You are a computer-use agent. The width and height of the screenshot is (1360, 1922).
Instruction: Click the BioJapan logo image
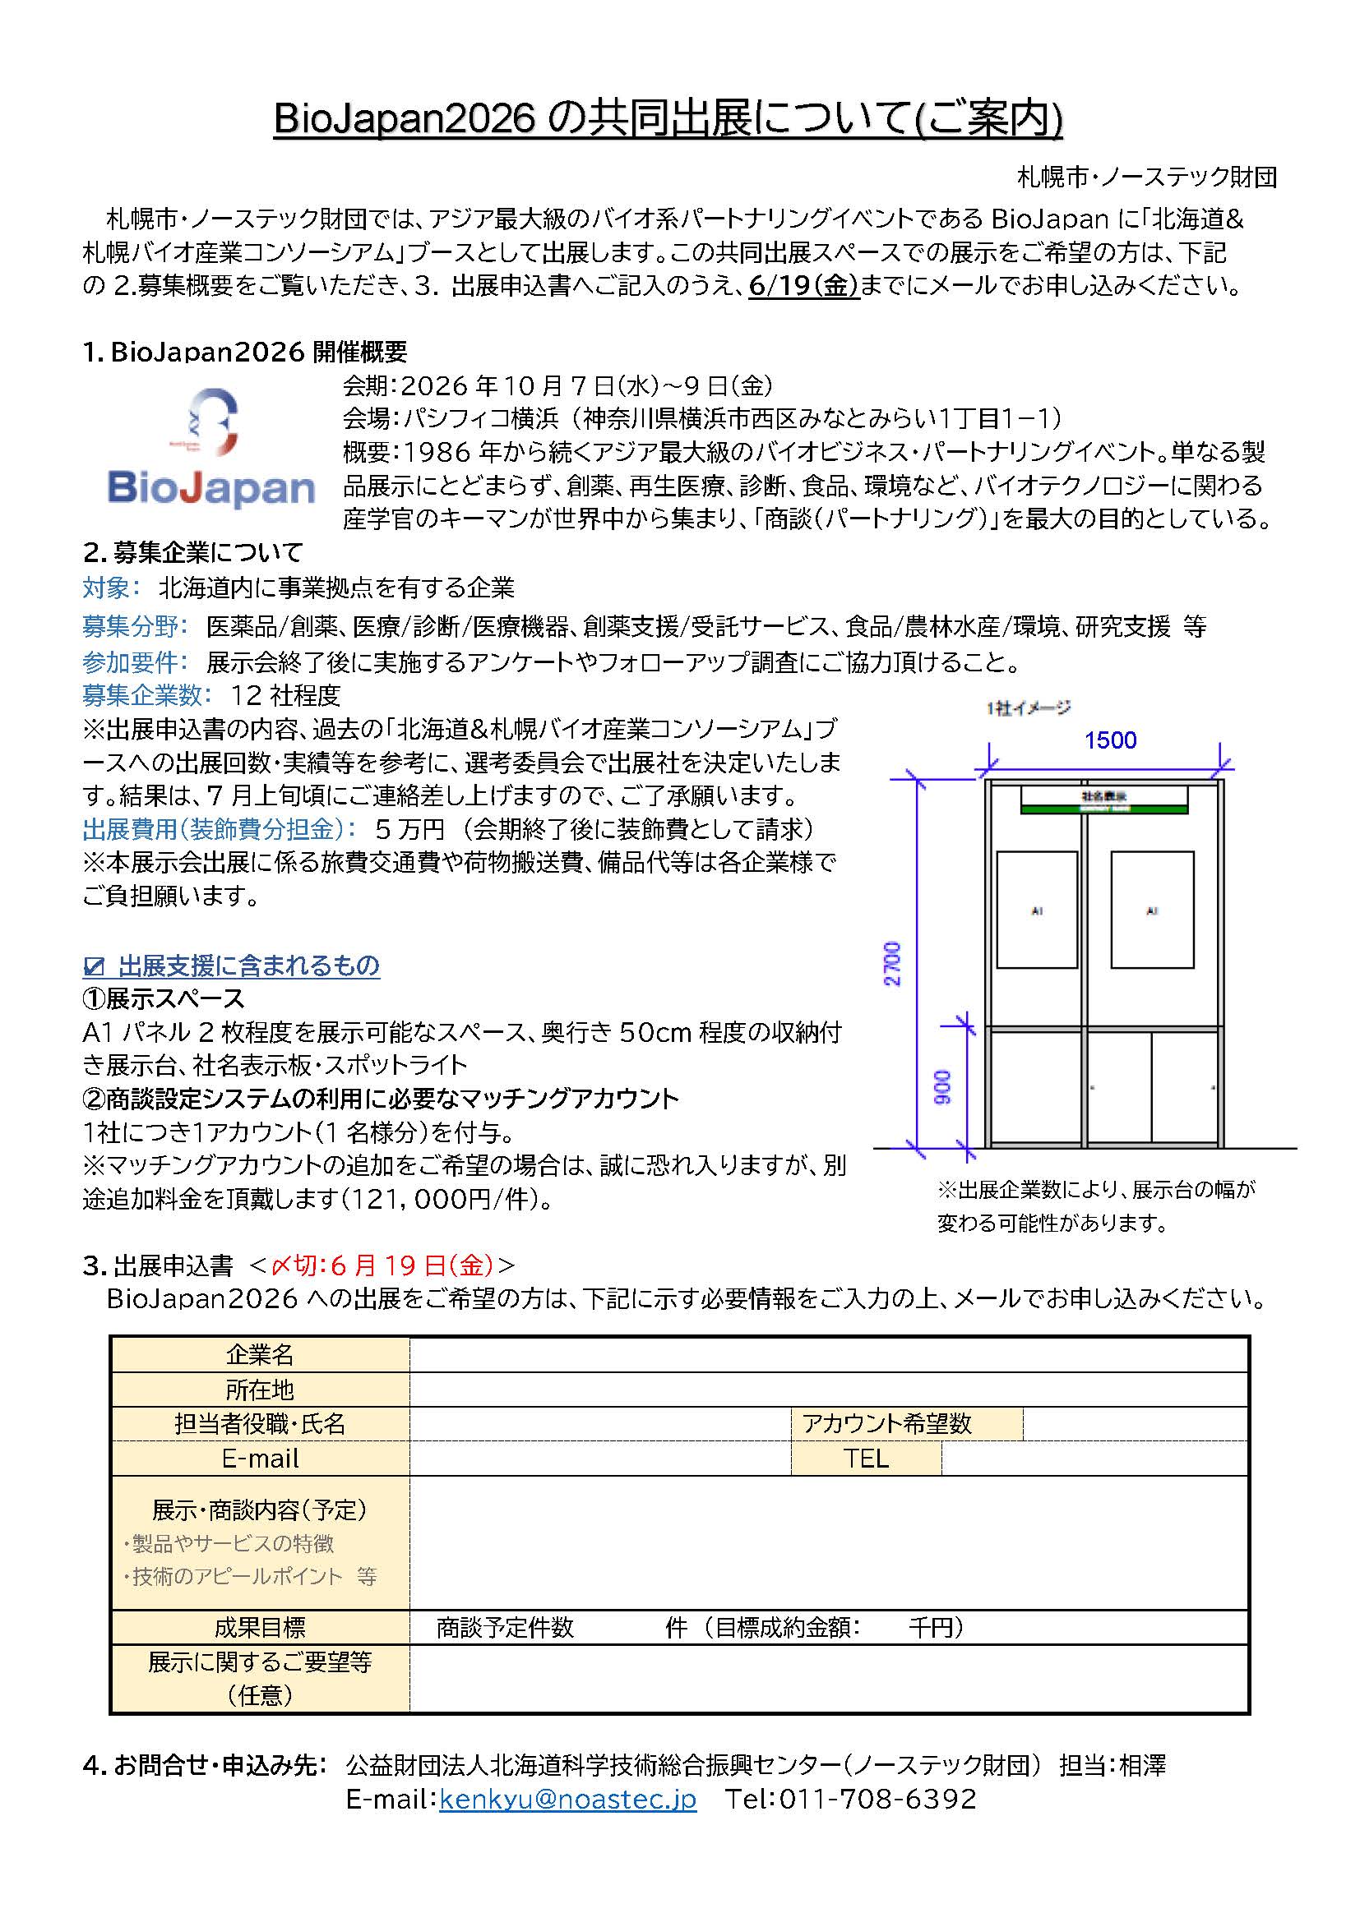point(211,449)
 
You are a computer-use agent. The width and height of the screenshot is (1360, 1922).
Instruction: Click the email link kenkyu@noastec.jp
point(567,1798)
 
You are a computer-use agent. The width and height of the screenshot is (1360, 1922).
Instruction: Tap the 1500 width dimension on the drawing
point(1110,740)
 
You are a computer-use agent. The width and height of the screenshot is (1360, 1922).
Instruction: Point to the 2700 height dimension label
point(893,964)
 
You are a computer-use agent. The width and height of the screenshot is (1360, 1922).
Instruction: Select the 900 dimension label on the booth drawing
point(943,1086)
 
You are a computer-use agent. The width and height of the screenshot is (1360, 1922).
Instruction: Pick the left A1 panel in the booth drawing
point(1037,910)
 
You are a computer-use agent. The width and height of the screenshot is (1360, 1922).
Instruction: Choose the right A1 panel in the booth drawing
point(1151,910)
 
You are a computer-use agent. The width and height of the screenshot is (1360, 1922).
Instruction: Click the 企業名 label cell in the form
point(260,1354)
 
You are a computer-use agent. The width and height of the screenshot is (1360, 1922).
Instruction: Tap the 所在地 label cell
point(260,1390)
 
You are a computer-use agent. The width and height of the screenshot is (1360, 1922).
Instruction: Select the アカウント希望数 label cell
point(906,1424)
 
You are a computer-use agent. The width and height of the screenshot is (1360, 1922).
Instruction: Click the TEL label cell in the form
point(866,1459)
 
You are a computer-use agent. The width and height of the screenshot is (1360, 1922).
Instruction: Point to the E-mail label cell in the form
point(260,1459)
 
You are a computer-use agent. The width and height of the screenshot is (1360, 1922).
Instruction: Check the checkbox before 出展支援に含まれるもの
point(93,967)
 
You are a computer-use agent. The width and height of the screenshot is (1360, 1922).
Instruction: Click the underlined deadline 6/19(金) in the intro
point(804,286)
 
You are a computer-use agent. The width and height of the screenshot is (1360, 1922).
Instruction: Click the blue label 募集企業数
point(141,695)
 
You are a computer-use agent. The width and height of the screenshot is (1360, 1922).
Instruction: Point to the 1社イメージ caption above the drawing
point(1028,708)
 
